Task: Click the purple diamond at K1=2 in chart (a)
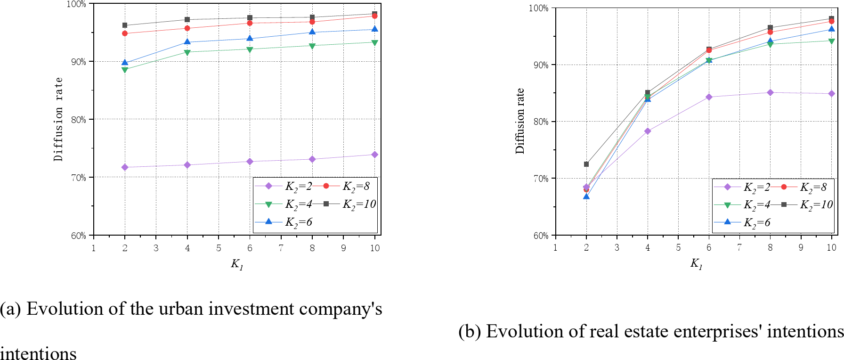[x=125, y=167]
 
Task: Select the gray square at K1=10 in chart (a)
[x=374, y=14]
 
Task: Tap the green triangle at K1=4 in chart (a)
[x=187, y=52]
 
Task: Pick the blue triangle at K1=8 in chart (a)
[x=312, y=32]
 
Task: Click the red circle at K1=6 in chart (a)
[x=250, y=23]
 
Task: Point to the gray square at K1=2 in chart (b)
[x=586, y=164]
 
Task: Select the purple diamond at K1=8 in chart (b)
[x=770, y=92]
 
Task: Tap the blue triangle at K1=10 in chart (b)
[x=831, y=29]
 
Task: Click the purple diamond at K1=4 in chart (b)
[x=648, y=131]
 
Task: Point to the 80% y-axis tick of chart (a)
[x=79, y=120]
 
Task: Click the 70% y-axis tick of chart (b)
[x=541, y=179]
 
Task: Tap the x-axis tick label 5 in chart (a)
[x=219, y=248]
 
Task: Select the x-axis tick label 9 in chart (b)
[x=801, y=247]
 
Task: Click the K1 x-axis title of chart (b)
[x=696, y=263]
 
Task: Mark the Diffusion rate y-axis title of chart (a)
[x=58, y=119]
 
